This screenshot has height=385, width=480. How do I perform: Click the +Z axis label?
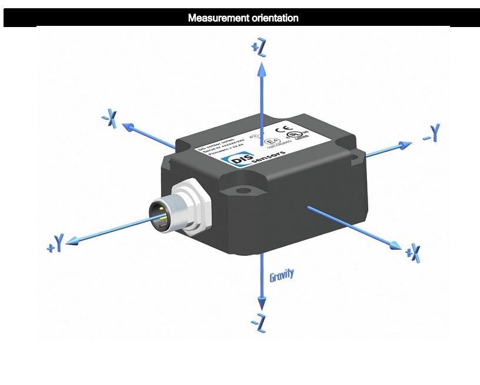259,48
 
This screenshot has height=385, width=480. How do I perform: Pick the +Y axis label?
55,244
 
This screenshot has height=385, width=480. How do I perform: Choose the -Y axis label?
432,133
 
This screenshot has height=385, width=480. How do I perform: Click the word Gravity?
281,275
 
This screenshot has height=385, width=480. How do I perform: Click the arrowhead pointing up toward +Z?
262,69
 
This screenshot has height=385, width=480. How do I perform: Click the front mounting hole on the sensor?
242,190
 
